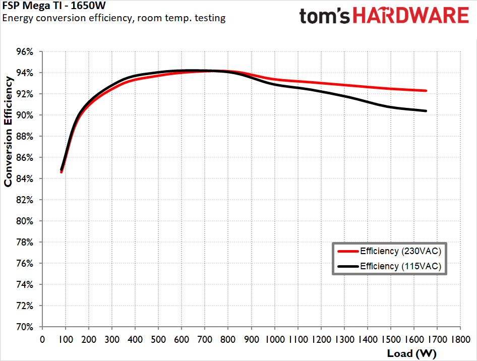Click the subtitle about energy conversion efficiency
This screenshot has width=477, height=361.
(114, 18)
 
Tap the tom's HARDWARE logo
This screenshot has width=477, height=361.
(384, 16)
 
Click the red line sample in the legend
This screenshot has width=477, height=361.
(347, 251)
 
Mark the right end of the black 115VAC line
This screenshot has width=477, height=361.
(427, 111)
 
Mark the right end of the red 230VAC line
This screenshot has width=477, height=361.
(427, 91)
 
